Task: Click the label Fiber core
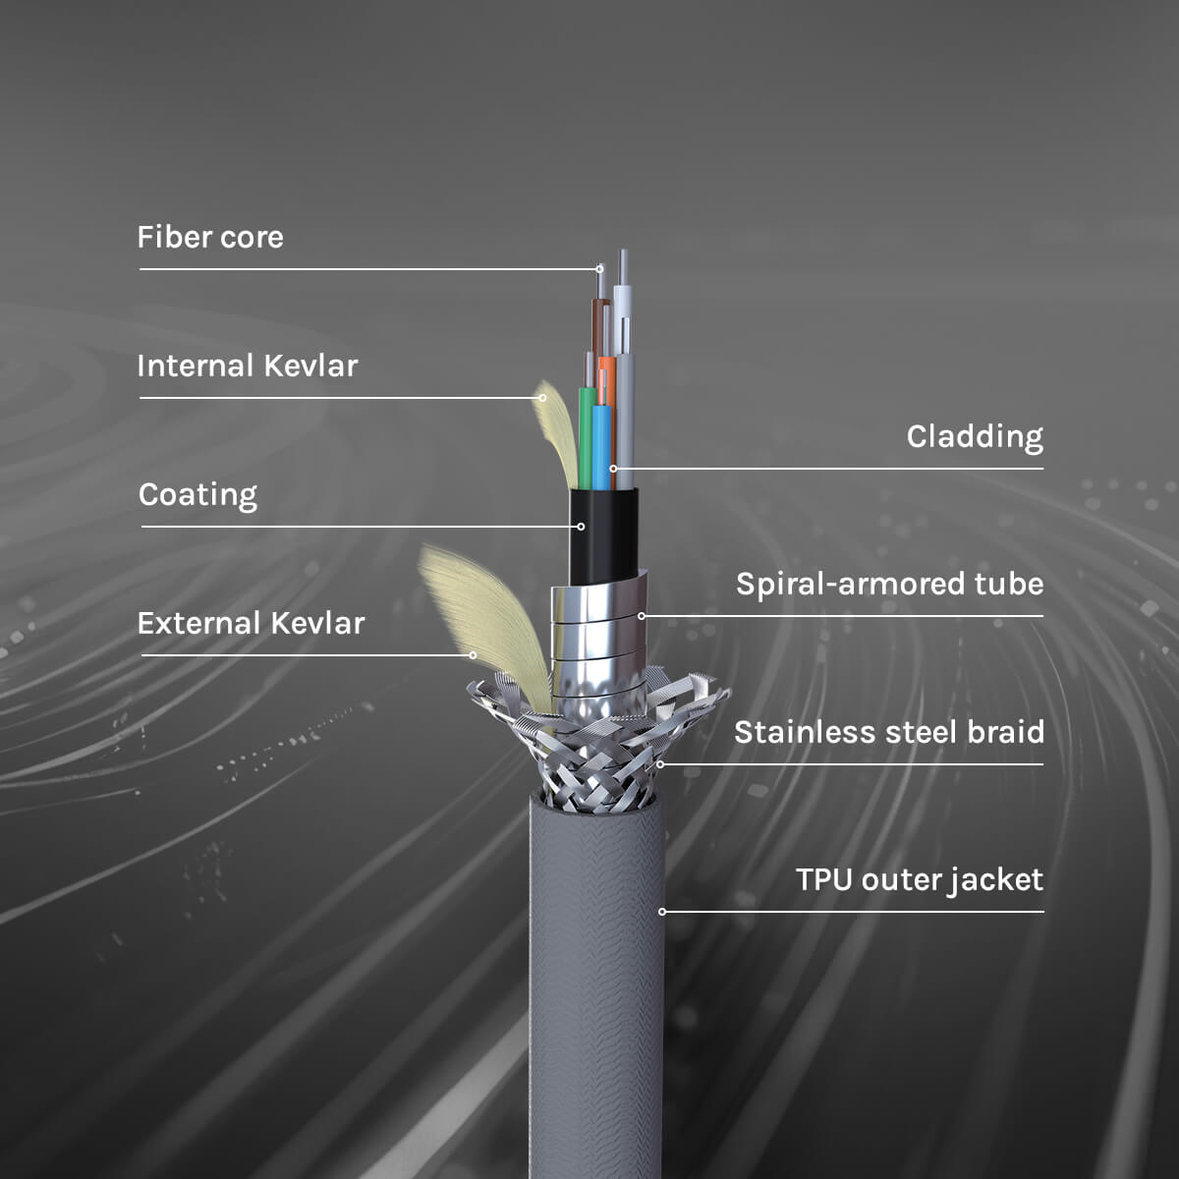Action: [210, 238]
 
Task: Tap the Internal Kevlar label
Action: [248, 366]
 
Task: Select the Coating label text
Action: [197, 495]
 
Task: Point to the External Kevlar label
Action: [251, 624]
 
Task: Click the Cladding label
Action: [975, 437]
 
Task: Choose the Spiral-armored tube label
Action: [889, 585]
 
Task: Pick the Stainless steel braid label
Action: [888, 733]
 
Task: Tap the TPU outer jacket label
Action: [919, 880]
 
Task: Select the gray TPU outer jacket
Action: [596, 982]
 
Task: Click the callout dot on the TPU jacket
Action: [662, 912]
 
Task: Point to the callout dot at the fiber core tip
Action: [599, 268]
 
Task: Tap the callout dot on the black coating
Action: [581, 527]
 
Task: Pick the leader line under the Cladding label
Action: [835, 469]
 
